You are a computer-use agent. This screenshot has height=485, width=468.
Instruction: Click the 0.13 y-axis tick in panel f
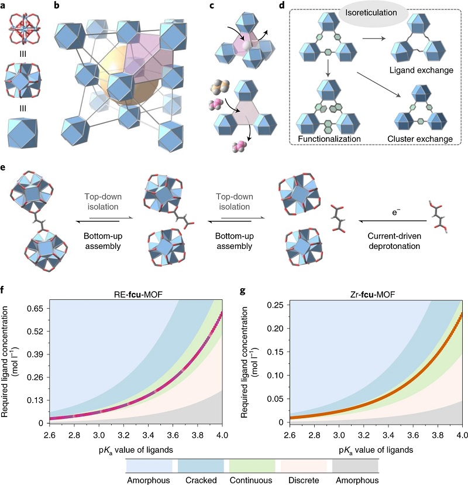point(33,399)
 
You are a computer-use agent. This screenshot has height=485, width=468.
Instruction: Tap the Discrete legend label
point(304,479)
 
